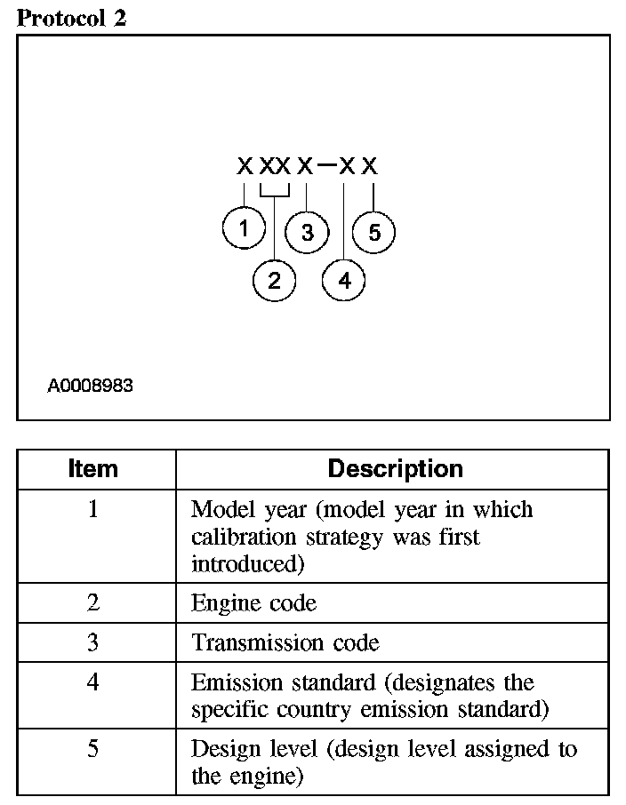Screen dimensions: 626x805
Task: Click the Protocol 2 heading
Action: (x=71, y=19)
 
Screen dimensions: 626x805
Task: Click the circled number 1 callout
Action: (x=243, y=229)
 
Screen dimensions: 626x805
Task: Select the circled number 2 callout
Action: (x=274, y=281)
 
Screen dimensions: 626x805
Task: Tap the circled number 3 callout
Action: (x=307, y=233)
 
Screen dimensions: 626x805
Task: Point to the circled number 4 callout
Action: (x=344, y=281)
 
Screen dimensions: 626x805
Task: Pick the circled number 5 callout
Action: (x=373, y=233)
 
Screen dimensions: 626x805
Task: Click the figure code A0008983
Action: (x=90, y=387)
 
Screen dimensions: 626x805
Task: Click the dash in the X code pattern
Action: (x=326, y=165)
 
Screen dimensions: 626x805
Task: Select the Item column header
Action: (x=93, y=469)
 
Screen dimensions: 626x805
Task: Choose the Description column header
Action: (x=395, y=469)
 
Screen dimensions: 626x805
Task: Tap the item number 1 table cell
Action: (x=93, y=510)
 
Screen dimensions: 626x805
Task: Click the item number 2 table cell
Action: (x=93, y=603)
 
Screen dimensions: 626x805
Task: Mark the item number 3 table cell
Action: (x=93, y=642)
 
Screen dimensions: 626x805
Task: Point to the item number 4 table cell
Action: (x=93, y=682)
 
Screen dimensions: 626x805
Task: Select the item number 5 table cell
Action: (x=93, y=749)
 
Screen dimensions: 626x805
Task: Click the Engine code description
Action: (x=253, y=603)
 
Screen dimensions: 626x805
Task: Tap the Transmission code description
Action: (x=285, y=642)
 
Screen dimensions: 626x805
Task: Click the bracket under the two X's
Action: (x=275, y=191)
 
